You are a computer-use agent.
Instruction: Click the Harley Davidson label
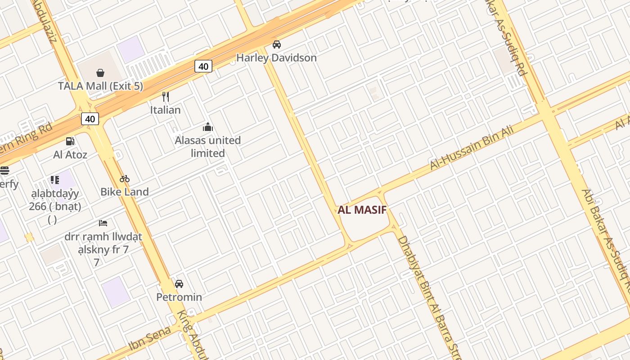(x=276, y=58)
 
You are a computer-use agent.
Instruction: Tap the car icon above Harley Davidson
(x=277, y=45)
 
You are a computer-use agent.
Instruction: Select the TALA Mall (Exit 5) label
(x=100, y=86)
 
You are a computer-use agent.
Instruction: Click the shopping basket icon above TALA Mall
(x=100, y=72)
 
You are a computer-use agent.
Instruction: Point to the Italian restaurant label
(x=166, y=110)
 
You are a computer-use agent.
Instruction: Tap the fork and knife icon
(x=166, y=96)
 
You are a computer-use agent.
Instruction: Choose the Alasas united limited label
(x=207, y=147)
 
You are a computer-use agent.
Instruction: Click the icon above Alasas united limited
(x=207, y=127)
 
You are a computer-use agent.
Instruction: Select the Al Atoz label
(x=70, y=155)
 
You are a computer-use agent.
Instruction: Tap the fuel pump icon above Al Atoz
(x=70, y=141)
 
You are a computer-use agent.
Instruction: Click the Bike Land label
(x=125, y=192)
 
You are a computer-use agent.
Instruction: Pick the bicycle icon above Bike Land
(x=125, y=179)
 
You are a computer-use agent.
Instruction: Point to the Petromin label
(x=179, y=297)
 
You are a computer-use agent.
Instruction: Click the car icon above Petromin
(x=179, y=284)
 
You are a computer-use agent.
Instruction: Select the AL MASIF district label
(x=362, y=210)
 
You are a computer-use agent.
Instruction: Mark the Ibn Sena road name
(x=150, y=338)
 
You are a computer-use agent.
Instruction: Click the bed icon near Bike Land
(x=103, y=223)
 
